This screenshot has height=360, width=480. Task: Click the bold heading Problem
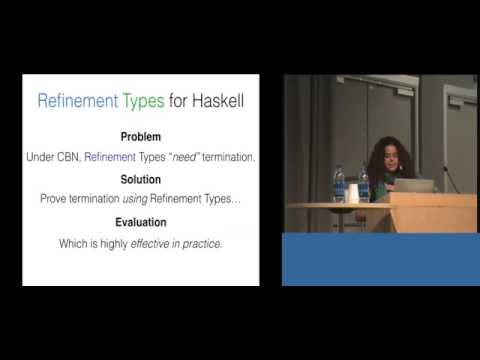pos(140,137)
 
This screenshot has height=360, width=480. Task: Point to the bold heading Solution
pos(140,181)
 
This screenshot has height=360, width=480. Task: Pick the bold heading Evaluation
pos(140,222)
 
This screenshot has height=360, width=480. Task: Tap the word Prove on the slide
pos(55,198)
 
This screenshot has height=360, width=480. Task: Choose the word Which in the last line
pos(77,243)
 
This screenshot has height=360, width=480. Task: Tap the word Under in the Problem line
pos(36,156)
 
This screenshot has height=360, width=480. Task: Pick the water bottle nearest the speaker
pos(363,185)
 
